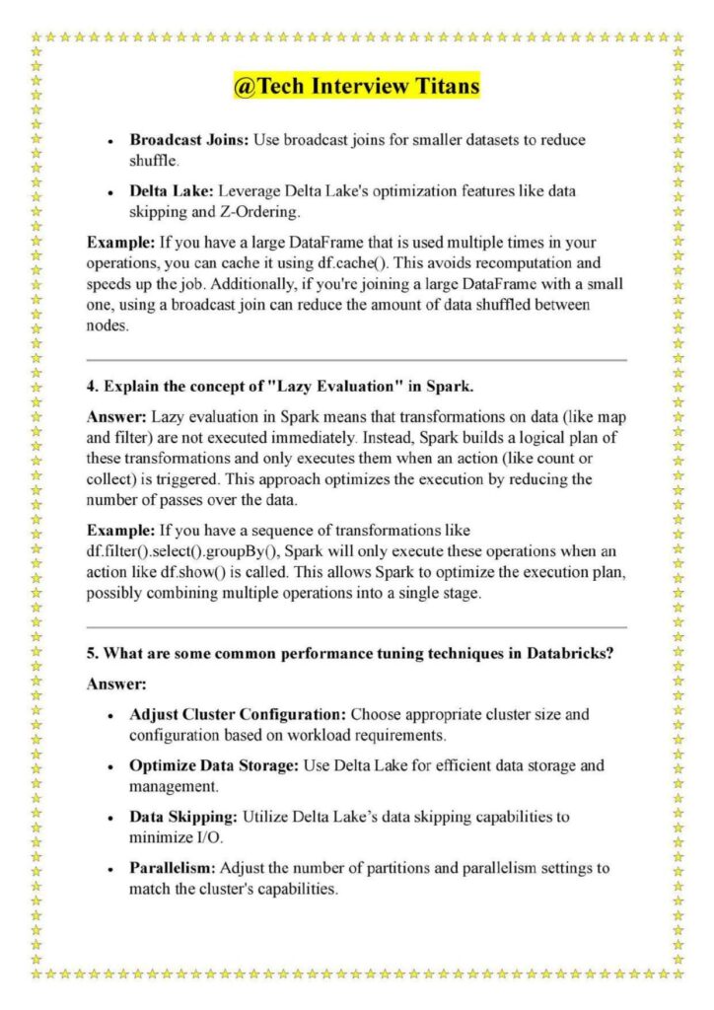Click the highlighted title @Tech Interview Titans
[x=356, y=87]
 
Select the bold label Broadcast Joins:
[x=189, y=140]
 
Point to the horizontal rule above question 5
[x=356, y=626]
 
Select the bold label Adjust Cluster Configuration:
[x=238, y=712]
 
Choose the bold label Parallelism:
[x=173, y=869]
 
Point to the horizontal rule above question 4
[x=356, y=360]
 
